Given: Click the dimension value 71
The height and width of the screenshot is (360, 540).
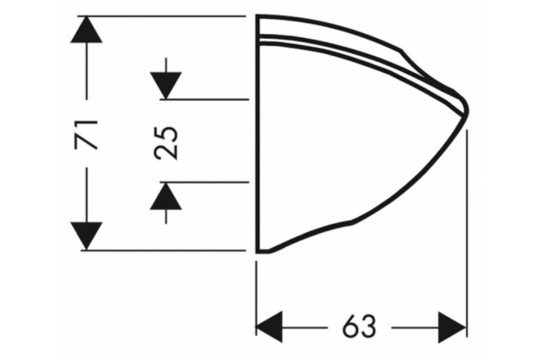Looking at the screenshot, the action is (86, 135).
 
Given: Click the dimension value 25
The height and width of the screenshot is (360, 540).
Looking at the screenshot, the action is (166, 143).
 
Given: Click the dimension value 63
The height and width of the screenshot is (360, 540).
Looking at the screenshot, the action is (359, 327).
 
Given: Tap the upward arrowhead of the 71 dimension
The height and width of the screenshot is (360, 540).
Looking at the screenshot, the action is (86, 30).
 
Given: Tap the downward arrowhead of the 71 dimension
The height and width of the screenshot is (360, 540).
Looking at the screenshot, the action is (86, 236).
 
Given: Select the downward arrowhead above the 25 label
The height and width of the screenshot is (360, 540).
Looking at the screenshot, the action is (166, 85).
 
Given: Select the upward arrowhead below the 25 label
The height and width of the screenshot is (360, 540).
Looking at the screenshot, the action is (166, 195).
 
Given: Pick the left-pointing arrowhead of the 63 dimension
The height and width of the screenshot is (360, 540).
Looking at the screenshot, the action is (269, 327).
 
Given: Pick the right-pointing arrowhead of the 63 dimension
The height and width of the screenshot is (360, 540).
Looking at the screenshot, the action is (452, 327).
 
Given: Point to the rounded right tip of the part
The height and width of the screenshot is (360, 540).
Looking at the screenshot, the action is (467, 110).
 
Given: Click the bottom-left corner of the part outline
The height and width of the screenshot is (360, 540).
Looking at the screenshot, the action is (257, 253).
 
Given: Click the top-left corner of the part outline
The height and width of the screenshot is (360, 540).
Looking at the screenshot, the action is (257, 16).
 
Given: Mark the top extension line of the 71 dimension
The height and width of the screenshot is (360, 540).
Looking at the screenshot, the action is (161, 16).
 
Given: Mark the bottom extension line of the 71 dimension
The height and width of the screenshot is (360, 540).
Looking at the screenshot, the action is (164, 250).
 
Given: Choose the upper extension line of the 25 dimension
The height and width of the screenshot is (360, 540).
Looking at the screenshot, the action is (204, 100).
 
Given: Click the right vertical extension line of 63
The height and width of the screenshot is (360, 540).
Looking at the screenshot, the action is (467, 233).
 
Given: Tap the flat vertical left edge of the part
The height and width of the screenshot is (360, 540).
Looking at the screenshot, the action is (257, 134).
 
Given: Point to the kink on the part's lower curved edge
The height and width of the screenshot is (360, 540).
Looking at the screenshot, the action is (352, 222).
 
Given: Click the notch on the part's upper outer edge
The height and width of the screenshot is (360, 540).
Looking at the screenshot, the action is (401, 51).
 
